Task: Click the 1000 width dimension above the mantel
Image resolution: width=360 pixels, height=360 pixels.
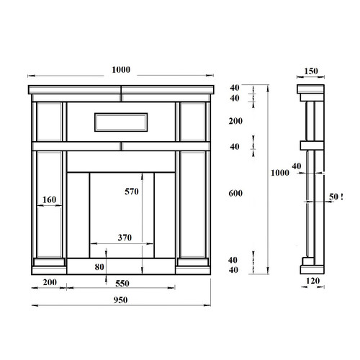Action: (121, 70)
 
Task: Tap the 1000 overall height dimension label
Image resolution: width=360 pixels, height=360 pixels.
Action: (280, 173)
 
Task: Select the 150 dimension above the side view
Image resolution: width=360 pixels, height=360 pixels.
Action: (311, 71)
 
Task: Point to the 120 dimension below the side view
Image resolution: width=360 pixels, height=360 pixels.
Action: (313, 281)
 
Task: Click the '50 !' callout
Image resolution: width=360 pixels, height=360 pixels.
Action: (336, 197)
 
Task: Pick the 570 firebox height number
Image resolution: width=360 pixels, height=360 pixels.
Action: (132, 192)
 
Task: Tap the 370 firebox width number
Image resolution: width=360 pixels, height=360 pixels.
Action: (125, 238)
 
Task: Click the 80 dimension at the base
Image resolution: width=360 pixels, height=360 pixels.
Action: (99, 267)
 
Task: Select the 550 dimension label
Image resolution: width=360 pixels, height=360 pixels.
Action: (122, 284)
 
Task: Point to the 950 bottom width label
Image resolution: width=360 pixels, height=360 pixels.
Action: (120, 300)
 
